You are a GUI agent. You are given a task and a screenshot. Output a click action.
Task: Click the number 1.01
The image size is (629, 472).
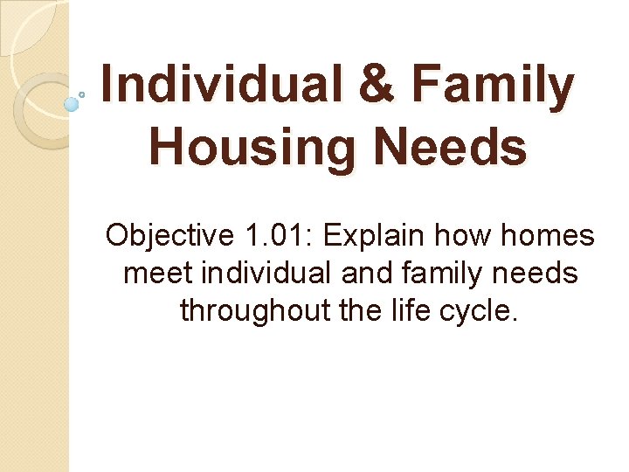coord(270,236)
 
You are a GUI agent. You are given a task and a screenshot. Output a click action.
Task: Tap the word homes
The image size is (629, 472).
coord(549,236)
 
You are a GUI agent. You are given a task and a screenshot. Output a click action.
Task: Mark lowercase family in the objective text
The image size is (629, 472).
coord(443,274)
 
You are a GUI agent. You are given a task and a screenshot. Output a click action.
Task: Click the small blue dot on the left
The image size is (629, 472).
coord(72,104)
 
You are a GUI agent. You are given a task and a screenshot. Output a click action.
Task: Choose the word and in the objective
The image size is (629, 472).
coord(366,274)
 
